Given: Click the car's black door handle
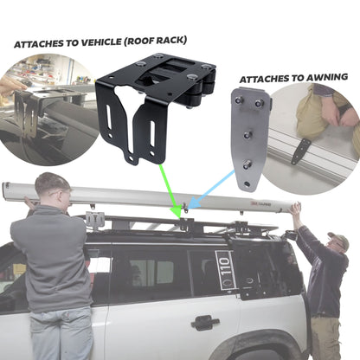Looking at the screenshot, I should coord(205,322).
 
